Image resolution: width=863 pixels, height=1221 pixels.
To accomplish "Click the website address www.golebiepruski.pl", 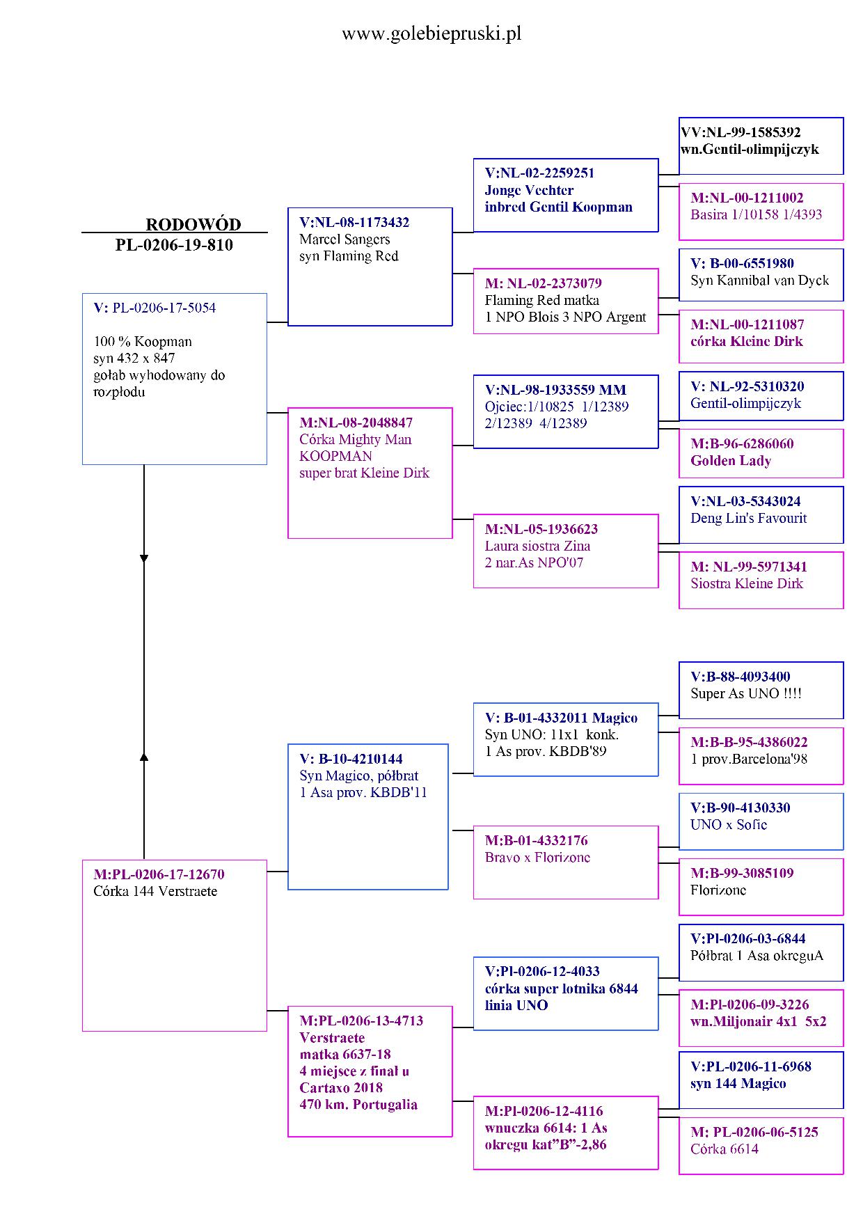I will pyautogui.click(x=431, y=33).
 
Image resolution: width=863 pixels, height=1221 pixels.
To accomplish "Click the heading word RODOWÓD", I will pyautogui.click(x=193, y=224).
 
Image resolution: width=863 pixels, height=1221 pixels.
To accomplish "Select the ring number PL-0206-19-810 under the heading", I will pyautogui.click(x=174, y=245).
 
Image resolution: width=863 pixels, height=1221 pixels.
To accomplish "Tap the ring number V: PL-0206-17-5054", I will pyautogui.click(x=155, y=308).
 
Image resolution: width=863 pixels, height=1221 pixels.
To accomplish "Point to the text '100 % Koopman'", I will pyautogui.click(x=143, y=341).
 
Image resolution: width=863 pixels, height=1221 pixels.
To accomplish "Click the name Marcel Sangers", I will pyautogui.click(x=345, y=239).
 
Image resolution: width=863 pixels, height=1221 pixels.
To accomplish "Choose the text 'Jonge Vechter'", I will pyautogui.click(x=529, y=190).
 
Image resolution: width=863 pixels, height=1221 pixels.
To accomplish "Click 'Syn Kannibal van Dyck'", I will pyautogui.click(x=759, y=281).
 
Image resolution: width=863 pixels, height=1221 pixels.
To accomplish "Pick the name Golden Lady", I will pyautogui.click(x=731, y=461).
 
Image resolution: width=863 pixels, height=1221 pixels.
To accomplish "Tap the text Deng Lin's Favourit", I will pyautogui.click(x=748, y=518).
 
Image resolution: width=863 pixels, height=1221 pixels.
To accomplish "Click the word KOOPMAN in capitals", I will pyautogui.click(x=335, y=456).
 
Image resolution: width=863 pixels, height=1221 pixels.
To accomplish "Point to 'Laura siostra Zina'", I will pyautogui.click(x=537, y=546).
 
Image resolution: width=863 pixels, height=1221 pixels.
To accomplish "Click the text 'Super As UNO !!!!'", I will pyautogui.click(x=745, y=693).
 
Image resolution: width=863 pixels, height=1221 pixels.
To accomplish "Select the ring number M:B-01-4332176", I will pyautogui.click(x=536, y=840).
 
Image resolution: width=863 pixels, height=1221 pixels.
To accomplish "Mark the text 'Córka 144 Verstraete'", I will pyautogui.click(x=155, y=891).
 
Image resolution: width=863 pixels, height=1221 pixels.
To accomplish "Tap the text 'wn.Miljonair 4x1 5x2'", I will pyautogui.click(x=758, y=1021).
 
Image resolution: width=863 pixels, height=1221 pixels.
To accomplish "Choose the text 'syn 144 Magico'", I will pyautogui.click(x=738, y=1083).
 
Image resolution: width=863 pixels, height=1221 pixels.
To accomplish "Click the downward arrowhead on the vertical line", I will pyautogui.click(x=144, y=558).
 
